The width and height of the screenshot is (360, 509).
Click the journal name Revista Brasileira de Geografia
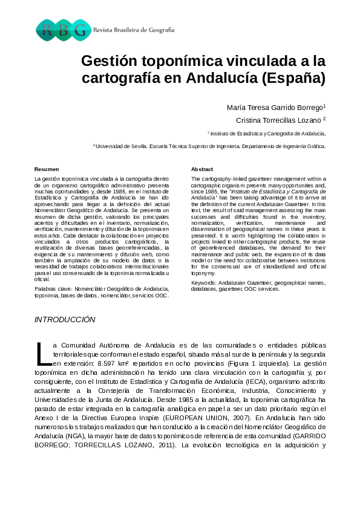click(134, 30)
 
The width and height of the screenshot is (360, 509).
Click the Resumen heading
click(47, 169)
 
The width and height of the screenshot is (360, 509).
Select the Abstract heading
click(202, 169)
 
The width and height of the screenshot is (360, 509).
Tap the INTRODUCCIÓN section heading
click(65, 319)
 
